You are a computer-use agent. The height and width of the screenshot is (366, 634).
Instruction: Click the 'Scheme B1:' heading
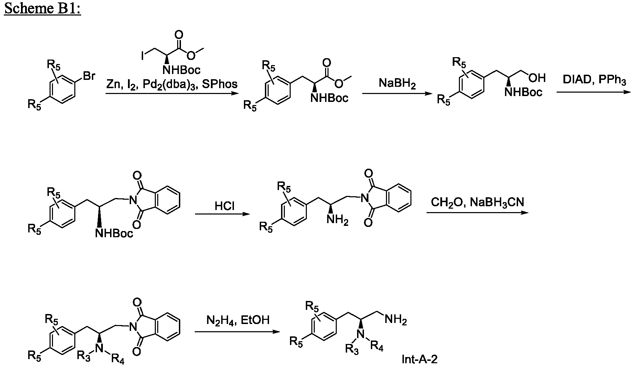pyautogui.click(x=42, y=8)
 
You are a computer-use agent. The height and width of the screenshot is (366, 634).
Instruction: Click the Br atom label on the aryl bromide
pyautogui.click(x=89, y=76)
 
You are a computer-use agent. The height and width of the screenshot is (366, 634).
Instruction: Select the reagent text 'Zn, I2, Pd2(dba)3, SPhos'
pyautogui.click(x=172, y=84)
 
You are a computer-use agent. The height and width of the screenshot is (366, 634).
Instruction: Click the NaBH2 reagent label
pyautogui.click(x=397, y=84)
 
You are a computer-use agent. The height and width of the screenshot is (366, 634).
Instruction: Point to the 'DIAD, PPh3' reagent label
pyautogui.click(x=594, y=80)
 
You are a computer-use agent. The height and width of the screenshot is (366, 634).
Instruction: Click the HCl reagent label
pyautogui.click(x=225, y=206)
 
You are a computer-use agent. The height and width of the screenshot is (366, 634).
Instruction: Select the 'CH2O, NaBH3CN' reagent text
pyautogui.click(x=477, y=202)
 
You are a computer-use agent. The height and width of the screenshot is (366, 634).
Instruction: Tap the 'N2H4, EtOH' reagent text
pyautogui.click(x=238, y=320)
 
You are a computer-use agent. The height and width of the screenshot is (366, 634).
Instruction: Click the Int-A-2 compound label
pyautogui.click(x=420, y=359)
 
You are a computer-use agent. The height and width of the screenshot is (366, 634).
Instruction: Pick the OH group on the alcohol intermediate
pyautogui.click(x=537, y=78)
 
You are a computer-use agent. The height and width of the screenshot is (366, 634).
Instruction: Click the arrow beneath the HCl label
pyautogui.click(x=222, y=214)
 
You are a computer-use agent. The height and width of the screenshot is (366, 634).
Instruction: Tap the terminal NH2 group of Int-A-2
pyautogui.click(x=396, y=320)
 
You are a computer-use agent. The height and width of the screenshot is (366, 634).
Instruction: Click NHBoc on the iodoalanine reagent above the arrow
pyautogui.click(x=182, y=70)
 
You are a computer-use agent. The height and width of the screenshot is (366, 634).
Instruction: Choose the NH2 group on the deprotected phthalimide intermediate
pyautogui.click(x=337, y=219)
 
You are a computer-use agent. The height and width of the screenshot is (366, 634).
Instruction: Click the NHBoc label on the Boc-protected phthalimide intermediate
pyautogui.click(x=114, y=234)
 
